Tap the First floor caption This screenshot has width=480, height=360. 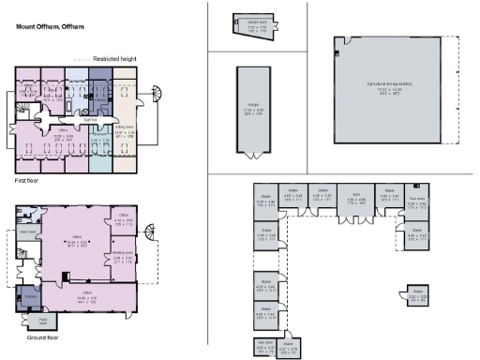click(26, 179)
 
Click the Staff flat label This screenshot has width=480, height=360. click(92, 120)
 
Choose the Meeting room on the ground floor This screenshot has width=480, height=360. click(122, 255)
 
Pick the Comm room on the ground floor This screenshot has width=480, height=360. click(28, 234)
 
